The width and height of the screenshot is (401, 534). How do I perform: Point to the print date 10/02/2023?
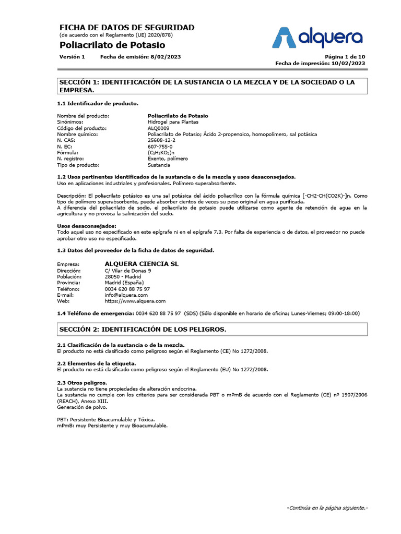point(348,63)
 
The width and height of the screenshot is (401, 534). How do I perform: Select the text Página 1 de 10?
point(345,57)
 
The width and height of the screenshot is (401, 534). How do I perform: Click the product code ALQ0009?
point(159,128)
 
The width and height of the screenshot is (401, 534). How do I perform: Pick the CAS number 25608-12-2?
point(162,140)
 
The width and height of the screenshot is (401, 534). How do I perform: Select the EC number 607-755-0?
point(160,147)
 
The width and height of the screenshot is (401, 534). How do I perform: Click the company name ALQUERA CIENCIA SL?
point(141,264)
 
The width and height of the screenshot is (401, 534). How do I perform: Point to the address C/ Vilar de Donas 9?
point(128,271)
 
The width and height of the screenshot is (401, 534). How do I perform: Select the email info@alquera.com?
point(126,295)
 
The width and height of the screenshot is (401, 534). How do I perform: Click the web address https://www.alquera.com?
point(135,301)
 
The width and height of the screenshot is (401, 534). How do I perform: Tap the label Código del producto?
point(81,128)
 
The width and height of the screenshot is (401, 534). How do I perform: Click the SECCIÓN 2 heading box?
point(213,330)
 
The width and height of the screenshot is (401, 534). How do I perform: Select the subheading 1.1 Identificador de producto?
point(98,103)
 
